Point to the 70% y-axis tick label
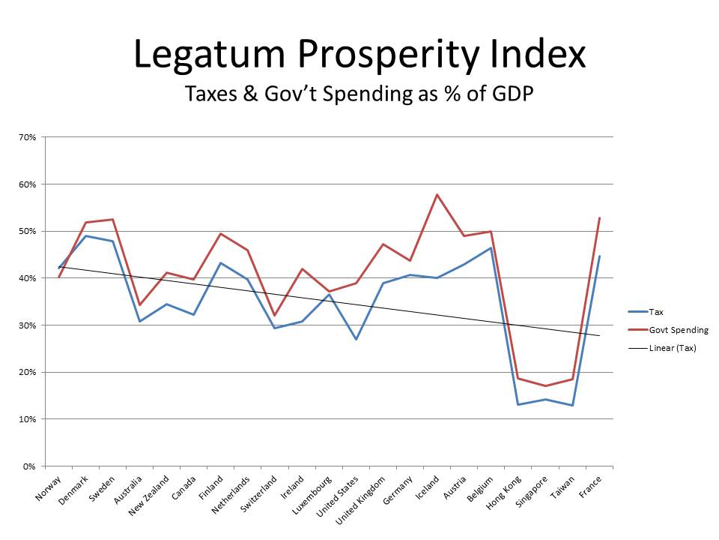(28, 137)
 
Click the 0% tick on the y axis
(30, 466)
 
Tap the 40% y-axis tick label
(28, 278)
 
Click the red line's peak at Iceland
(437, 195)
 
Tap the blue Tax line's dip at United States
(356, 339)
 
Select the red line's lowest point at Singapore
(545, 386)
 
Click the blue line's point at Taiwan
(572, 405)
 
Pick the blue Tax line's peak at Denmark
(85, 235)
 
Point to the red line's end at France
(599, 218)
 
